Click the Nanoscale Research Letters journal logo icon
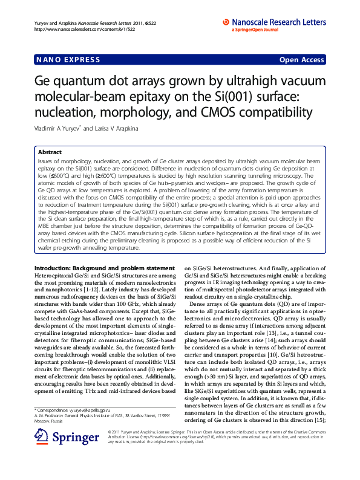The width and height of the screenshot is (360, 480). (x=226, y=22)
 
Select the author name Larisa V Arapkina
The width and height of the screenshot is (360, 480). (x=120, y=129)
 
